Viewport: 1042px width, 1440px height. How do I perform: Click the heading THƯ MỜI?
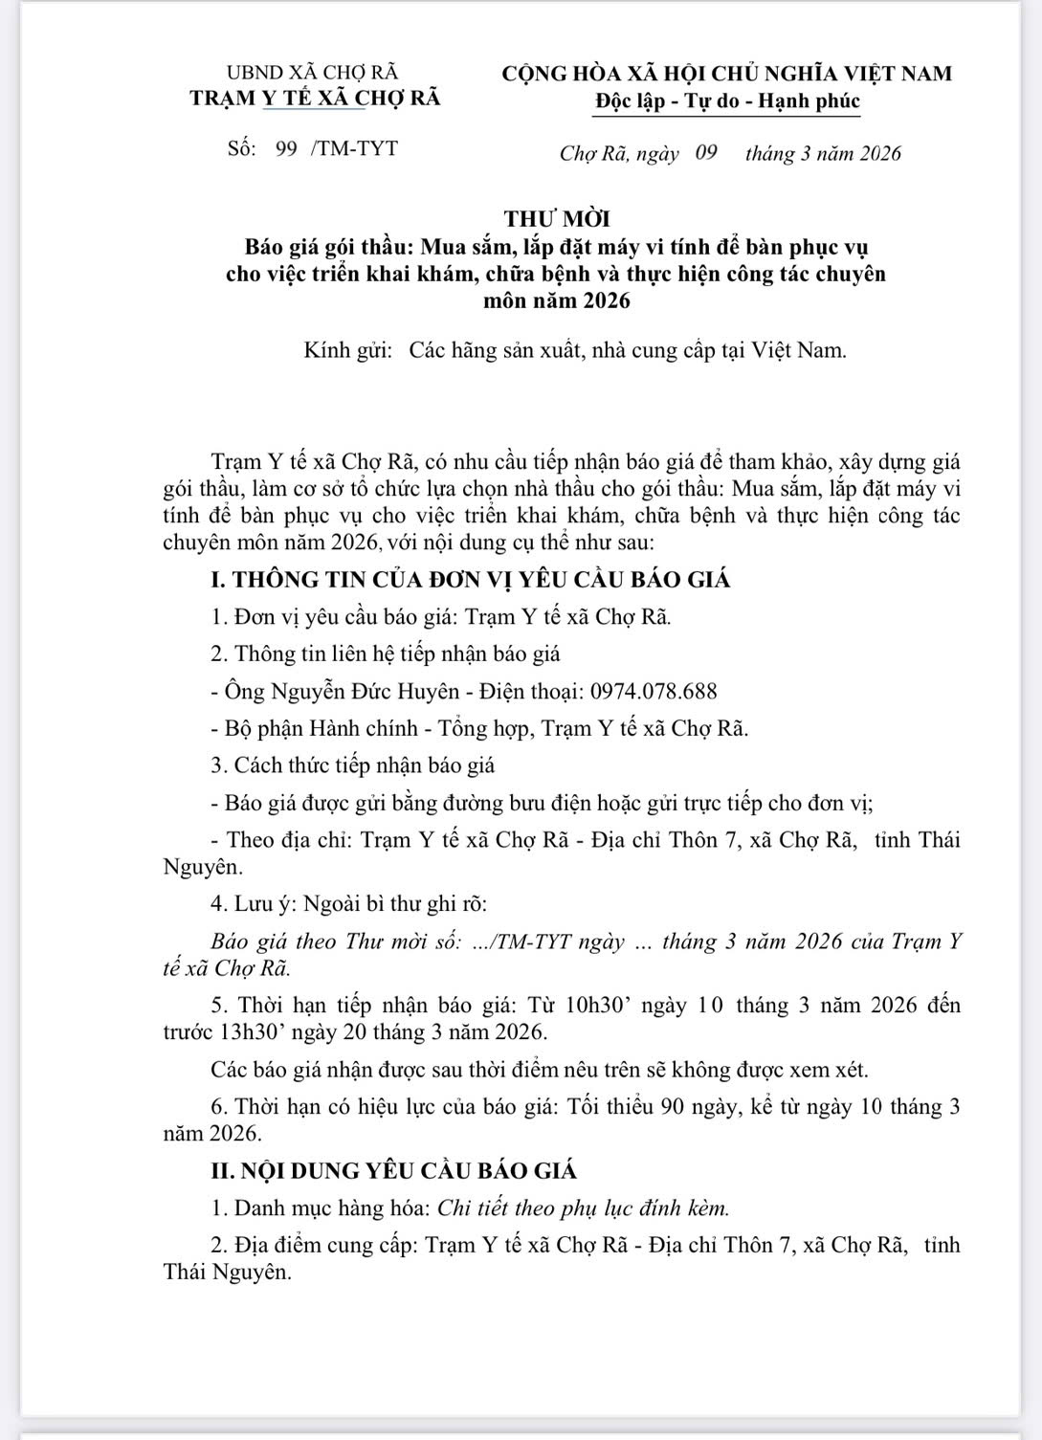tap(557, 219)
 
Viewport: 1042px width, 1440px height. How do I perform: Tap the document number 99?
tap(286, 148)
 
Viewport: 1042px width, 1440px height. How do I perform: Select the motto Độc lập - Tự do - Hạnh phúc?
tap(728, 100)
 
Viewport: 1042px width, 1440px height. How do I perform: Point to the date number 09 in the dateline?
tap(706, 152)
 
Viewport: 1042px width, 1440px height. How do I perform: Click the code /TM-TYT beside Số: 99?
tap(354, 148)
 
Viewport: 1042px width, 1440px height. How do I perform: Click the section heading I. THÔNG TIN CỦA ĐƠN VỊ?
tap(471, 579)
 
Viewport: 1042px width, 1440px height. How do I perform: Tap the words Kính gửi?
tap(348, 350)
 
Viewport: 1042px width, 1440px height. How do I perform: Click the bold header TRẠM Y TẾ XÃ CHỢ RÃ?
tap(316, 98)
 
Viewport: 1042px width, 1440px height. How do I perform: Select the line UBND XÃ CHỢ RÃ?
tap(312, 73)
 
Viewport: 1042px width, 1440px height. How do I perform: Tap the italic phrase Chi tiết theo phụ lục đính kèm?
tap(583, 1207)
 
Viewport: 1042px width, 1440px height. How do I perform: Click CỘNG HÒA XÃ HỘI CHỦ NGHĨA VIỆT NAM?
tap(728, 74)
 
